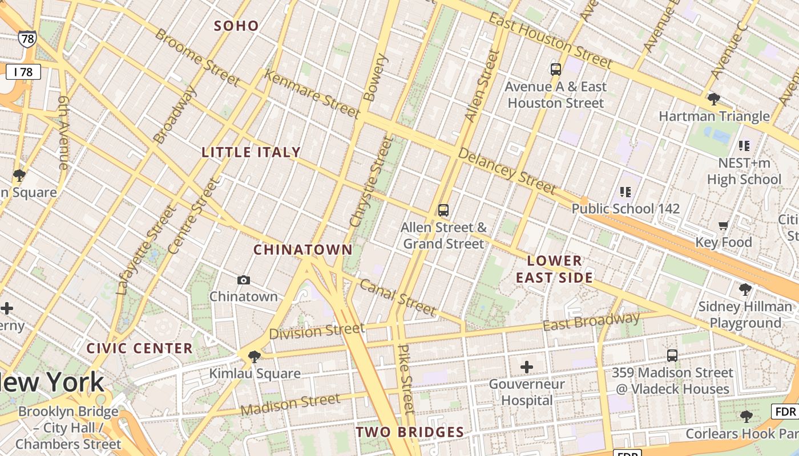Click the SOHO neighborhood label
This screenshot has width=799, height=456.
point(236,26)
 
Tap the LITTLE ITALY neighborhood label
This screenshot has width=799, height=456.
point(251,152)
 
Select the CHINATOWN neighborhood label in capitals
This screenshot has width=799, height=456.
point(303,250)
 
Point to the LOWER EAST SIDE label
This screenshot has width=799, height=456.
point(554,269)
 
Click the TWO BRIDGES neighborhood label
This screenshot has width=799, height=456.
point(410,432)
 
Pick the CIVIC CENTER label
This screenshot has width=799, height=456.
point(139,348)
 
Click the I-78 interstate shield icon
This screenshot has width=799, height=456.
point(27,39)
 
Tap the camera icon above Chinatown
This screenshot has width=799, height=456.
point(244,280)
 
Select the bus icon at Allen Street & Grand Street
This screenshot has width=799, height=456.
point(443,210)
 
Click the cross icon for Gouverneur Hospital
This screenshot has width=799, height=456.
point(527,367)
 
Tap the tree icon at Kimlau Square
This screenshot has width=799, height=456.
point(255,357)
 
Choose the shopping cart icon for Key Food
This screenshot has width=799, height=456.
point(723,226)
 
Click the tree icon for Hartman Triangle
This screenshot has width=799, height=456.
point(713,100)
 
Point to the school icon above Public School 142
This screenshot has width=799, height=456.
point(626,192)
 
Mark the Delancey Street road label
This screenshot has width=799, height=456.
point(507,170)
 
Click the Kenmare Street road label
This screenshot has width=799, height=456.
point(312,94)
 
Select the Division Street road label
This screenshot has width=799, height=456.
point(317,331)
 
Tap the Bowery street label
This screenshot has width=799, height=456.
point(376,78)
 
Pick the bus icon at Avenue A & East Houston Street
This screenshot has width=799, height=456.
point(556,70)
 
